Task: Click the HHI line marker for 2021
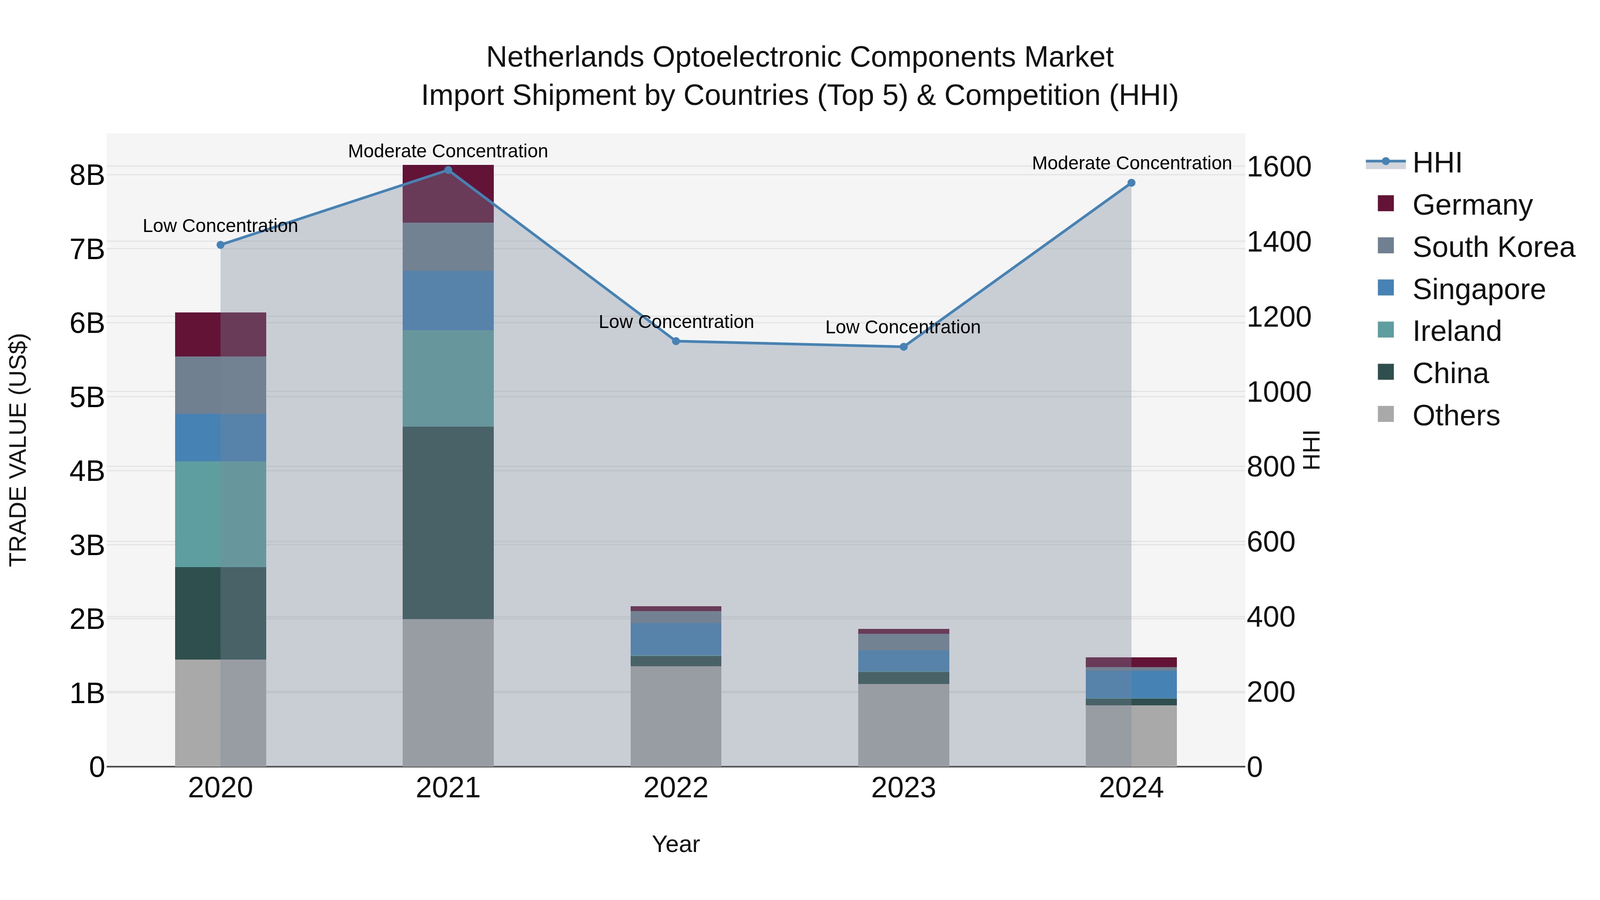(448, 170)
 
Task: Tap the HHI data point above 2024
(1131, 183)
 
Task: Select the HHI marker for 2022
(676, 341)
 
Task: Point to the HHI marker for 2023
(904, 347)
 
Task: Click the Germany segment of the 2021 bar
(448, 194)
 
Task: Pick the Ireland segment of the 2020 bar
(220, 514)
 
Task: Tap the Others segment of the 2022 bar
(676, 716)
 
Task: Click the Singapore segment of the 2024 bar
(1131, 684)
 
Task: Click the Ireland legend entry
(1456, 331)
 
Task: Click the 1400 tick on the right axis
(1279, 242)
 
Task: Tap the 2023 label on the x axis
(904, 788)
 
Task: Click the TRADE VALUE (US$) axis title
(18, 450)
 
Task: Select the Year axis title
(676, 844)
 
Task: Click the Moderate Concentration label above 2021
(448, 151)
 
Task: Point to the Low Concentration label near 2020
(220, 226)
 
